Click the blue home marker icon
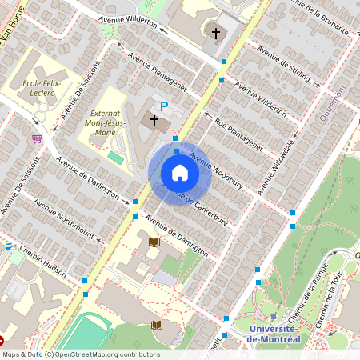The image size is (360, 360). click(179, 173)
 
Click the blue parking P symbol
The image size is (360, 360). click(164, 106)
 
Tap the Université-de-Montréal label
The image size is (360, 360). click(274, 334)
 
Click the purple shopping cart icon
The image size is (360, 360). click(36, 138)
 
